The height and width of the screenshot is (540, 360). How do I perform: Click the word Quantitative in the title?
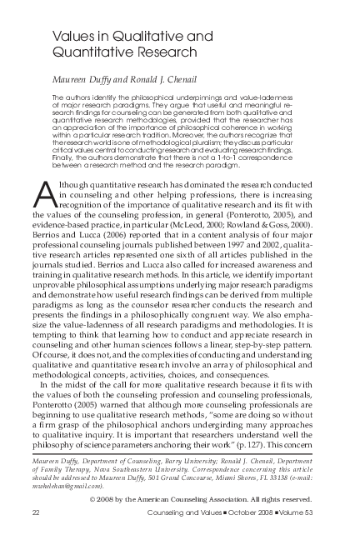point(89,52)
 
